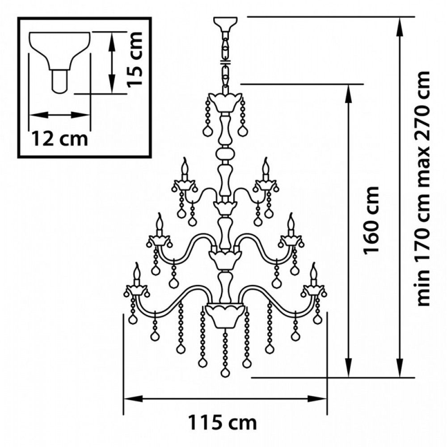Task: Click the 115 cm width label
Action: (x=223, y=422)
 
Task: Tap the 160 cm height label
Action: (x=371, y=220)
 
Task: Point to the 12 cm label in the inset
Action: (x=59, y=139)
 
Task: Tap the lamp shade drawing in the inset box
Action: (x=60, y=62)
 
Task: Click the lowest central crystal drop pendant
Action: (x=225, y=372)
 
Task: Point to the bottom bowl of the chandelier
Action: (x=225, y=315)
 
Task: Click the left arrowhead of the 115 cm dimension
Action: (x=133, y=399)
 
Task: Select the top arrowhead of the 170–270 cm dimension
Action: (x=401, y=27)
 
